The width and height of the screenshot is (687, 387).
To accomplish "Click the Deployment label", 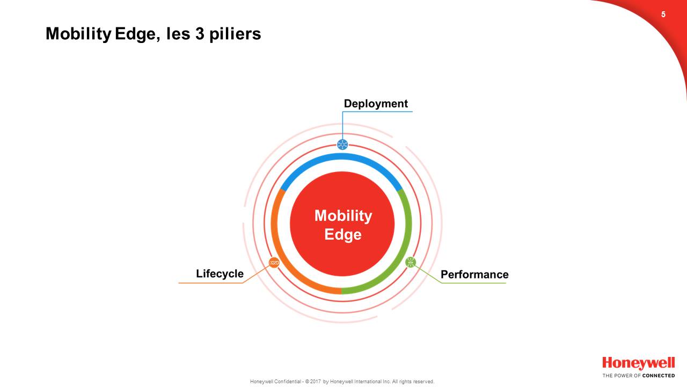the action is point(376,104).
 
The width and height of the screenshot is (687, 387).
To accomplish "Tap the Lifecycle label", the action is point(220,274).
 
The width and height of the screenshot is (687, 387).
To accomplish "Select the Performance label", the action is point(474,274).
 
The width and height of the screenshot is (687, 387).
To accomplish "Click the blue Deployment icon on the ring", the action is point(342,145).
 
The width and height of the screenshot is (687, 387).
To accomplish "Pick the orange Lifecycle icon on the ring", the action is point(274,263).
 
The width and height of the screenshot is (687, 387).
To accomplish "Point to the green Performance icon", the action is point(411,262).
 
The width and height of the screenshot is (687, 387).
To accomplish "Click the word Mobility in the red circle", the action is point(343,216).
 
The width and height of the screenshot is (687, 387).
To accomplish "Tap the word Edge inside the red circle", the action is point(343,235).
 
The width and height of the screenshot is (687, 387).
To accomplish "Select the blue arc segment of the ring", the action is point(341,156).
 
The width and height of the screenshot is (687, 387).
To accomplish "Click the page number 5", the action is point(663,15).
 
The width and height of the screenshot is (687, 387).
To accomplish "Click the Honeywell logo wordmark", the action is point(639,363).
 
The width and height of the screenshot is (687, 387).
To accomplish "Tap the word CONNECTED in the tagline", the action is point(659,376).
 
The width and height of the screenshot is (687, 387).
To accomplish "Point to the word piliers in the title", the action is point(235,34).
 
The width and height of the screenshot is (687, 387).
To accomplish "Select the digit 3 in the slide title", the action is point(200,33).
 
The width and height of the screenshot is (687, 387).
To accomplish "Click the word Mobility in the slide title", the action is point(78,34).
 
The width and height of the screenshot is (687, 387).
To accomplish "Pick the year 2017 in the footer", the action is point(316,382).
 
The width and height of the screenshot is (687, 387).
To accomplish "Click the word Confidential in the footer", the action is point(288,382).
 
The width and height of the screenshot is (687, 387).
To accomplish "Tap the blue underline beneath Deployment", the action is point(377,112).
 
